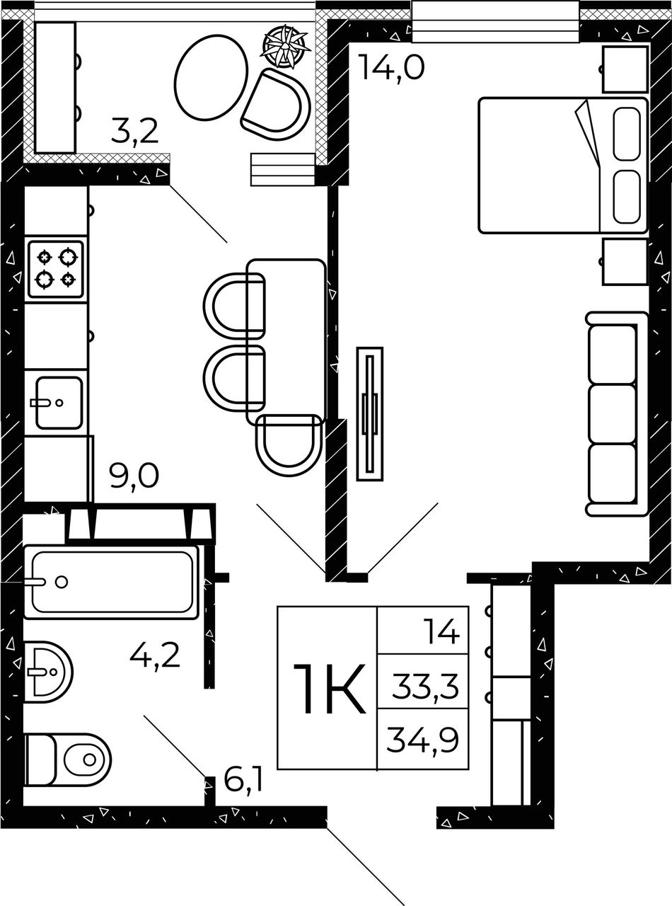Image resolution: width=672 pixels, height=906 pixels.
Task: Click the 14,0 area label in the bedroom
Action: (391, 67)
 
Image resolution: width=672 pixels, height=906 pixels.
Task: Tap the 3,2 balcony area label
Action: (134, 131)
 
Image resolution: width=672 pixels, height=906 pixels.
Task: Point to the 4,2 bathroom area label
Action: (155, 655)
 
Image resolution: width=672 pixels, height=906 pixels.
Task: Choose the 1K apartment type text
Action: (329, 688)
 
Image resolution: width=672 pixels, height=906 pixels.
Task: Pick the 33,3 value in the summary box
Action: (425, 687)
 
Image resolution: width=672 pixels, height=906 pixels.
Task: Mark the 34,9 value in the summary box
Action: (422, 740)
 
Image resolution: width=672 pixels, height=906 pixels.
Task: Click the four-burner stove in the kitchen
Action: (56, 269)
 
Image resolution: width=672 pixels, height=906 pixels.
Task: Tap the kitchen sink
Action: (59, 403)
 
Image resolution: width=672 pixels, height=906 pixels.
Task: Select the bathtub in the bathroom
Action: (111, 581)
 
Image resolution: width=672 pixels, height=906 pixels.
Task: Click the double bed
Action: (563, 166)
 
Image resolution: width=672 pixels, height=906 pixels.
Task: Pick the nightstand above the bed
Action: (625, 69)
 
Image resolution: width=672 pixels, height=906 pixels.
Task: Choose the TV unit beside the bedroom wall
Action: (370, 414)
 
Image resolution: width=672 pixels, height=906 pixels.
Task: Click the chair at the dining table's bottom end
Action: (289, 445)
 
